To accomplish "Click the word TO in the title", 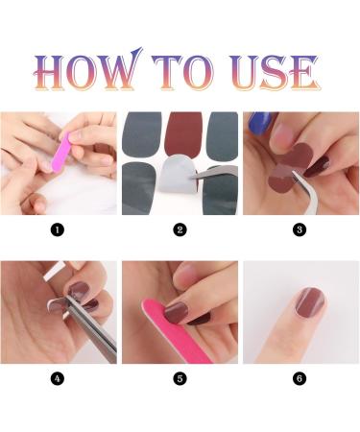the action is point(182,72).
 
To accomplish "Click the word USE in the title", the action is point(275,72).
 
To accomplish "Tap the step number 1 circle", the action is point(58,229).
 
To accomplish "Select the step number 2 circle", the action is point(180,229).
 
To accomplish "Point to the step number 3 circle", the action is point(300,229).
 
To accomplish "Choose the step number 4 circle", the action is point(58,378).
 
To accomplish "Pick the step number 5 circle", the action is point(180,378).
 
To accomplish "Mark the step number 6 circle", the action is point(300,378).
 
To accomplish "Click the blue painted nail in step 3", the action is point(259,122).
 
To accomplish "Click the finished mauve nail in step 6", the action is point(310,302).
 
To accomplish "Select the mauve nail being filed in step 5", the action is point(177,312).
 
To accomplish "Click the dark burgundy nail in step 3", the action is point(317,166).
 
